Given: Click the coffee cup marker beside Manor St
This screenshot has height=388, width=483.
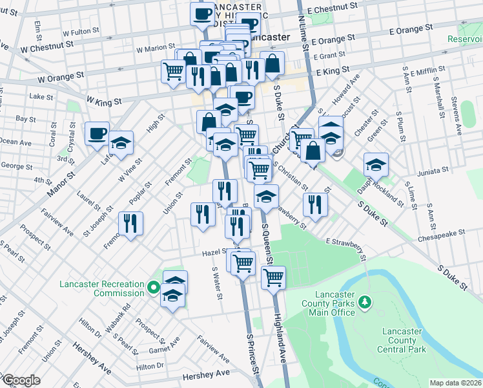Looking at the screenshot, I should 97,134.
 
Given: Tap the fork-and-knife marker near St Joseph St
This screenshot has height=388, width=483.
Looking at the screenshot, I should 130,224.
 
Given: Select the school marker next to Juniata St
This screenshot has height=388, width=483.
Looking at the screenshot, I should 376,165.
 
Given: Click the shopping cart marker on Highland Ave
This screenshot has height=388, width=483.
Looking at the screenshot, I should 273,277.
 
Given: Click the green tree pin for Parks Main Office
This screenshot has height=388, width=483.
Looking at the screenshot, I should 365,301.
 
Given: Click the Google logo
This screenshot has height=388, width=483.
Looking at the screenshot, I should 21,380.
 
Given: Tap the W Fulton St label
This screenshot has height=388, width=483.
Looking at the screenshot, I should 81,30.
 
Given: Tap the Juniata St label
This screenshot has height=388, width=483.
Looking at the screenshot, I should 432,170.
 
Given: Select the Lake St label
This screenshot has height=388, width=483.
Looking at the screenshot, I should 41,96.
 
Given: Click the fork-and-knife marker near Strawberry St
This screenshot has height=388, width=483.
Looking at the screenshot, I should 314,204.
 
